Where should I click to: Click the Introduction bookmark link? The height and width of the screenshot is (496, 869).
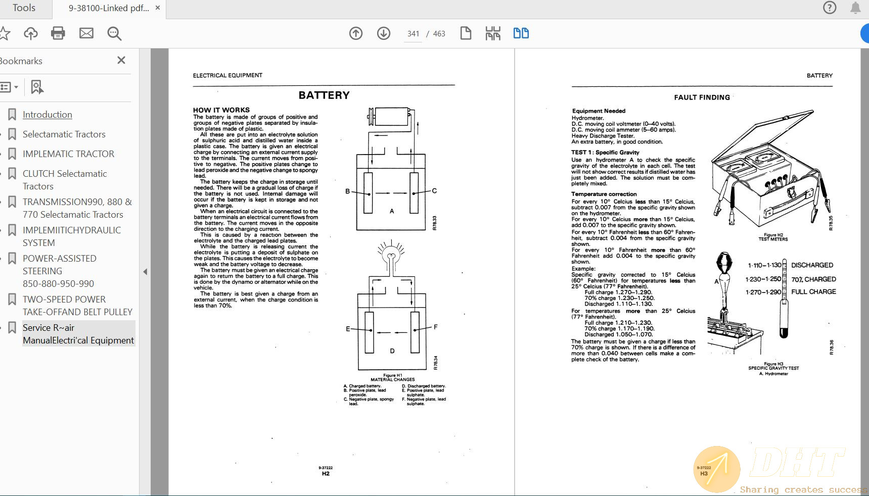[x=47, y=115]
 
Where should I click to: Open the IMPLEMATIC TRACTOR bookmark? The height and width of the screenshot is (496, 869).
[x=68, y=154]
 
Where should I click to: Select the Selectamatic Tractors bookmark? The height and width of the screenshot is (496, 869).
[x=64, y=134]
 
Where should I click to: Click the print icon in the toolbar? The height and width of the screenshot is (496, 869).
[x=58, y=33]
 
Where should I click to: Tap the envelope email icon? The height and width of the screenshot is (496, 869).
[x=86, y=33]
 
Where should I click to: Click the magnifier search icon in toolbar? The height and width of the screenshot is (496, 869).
[x=114, y=33]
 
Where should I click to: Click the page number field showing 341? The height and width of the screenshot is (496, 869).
[x=413, y=34]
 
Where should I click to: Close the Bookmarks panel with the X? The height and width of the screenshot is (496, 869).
[x=121, y=61]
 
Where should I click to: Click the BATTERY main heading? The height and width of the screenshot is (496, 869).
[x=324, y=95]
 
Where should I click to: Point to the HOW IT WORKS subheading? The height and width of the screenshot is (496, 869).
[x=221, y=110]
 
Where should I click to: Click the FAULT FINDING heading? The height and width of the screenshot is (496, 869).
[x=702, y=97]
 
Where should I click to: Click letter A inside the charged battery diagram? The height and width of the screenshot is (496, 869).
[x=392, y=211]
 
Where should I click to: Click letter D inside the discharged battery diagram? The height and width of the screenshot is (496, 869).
[x=392, y=351]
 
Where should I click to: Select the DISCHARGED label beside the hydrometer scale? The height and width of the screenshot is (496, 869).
[x=812, y=265]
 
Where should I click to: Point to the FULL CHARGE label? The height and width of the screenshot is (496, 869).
[x=813, y=292]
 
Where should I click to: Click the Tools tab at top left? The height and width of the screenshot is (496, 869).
[x=24, y=8]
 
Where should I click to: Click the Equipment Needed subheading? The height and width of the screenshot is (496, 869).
[x=599, y=111]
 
